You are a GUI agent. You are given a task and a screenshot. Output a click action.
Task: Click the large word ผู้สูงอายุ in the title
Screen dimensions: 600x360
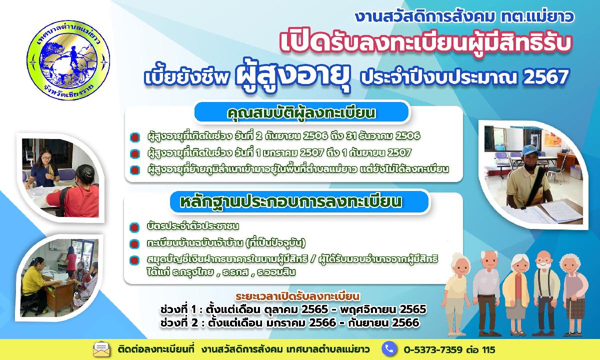293,76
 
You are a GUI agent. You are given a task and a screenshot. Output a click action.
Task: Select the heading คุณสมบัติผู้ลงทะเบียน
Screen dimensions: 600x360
301,113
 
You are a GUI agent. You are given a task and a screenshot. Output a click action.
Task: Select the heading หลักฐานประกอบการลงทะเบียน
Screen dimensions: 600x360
291,202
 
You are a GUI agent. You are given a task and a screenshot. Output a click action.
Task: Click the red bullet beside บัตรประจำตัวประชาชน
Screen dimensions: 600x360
134,227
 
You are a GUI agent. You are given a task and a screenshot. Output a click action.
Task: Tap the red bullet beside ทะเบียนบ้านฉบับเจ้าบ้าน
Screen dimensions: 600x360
134,244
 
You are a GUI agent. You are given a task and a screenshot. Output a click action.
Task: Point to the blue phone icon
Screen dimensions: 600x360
389,349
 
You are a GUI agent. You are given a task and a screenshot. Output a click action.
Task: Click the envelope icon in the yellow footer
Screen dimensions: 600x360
101,349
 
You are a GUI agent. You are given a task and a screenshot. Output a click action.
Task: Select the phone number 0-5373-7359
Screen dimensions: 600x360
433,350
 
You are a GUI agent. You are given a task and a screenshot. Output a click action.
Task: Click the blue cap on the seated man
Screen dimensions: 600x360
532,151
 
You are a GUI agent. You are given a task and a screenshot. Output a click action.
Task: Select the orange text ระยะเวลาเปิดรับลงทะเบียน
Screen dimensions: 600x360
297,296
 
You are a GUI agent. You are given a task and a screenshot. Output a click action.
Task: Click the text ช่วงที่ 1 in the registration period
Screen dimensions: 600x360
178,309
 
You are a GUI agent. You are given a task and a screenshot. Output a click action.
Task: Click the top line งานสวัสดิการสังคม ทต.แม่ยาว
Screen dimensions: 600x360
464,16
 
